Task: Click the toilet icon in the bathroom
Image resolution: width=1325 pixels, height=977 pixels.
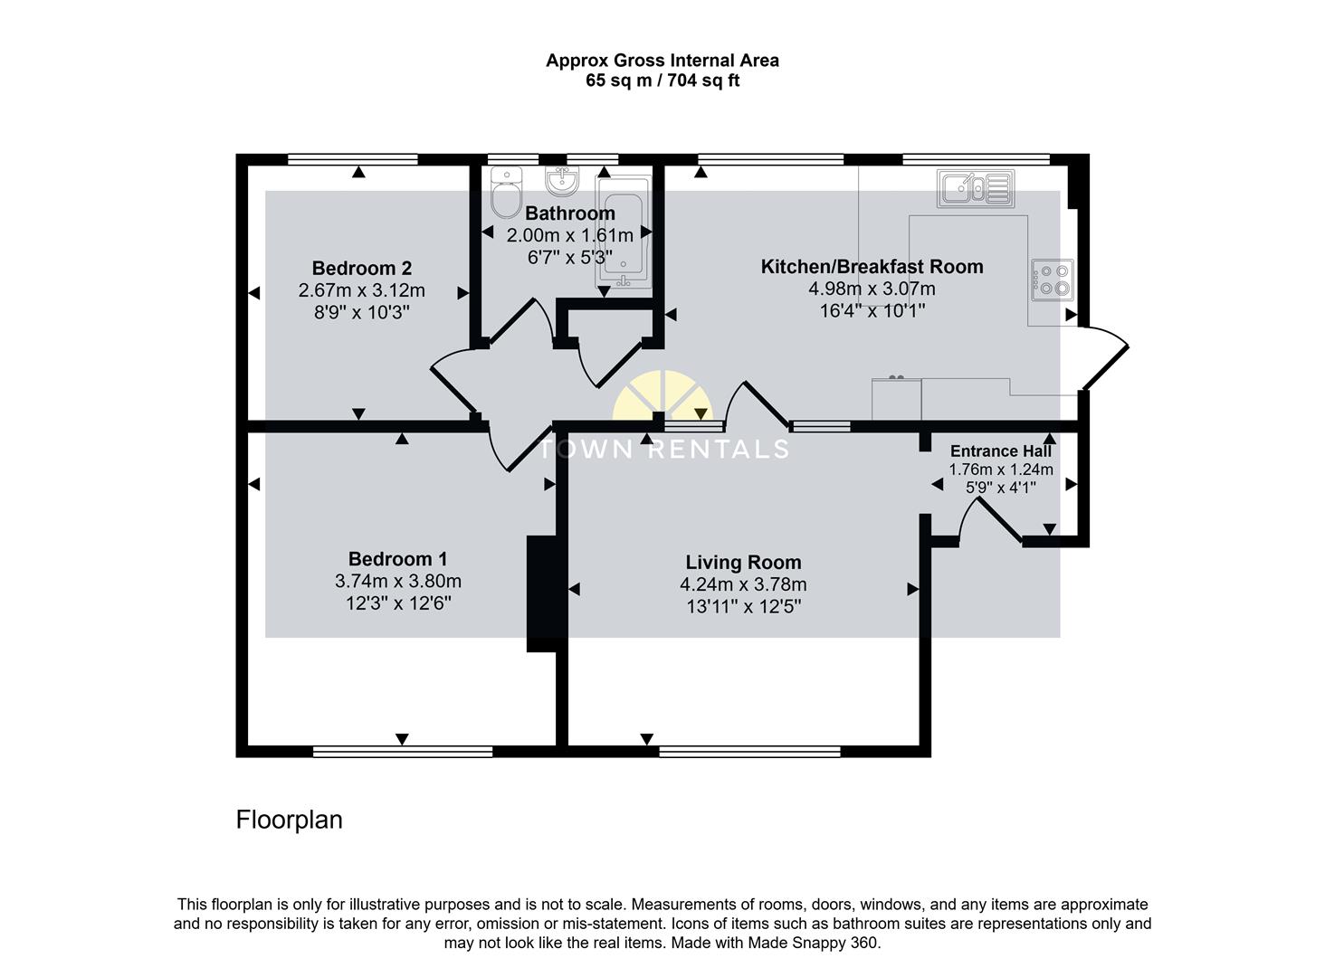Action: click(x=504, y=193)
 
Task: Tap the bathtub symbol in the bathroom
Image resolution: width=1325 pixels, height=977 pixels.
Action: click(x=623, y=232)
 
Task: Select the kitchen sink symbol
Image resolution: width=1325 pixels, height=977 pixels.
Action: click(x=976, y=189)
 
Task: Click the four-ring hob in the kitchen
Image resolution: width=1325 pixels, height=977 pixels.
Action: click(x=1052, y=280)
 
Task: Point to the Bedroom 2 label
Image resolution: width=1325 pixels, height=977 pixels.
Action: click(x=361, y=268)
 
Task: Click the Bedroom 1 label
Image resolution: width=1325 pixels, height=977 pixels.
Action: click(x=397, y=559)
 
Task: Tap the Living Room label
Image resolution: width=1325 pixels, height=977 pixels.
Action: click(x=743, y=563)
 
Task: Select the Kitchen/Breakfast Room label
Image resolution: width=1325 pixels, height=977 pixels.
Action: click(x=872, y=267)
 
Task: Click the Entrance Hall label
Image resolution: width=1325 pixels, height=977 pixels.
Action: click(x=1000, y=451)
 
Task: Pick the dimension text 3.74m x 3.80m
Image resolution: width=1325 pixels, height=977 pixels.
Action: click(x=397, y=582)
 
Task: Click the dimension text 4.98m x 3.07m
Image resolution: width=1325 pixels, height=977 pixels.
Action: click(x=872, y=289)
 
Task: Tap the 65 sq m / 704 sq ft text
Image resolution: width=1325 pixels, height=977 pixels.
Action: click(x=662, y=81)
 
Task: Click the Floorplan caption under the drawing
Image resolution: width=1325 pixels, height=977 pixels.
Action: click(x=289, y=820)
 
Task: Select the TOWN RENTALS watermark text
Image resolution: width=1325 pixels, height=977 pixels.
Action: click(x=664, y=449)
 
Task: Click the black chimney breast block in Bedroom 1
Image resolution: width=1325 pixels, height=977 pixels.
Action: click(x=543, y=593)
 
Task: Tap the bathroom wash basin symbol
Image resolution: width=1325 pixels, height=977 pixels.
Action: click(x=563, y=182)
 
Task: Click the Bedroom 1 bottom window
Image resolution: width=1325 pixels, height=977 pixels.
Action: click(x=403, y=752)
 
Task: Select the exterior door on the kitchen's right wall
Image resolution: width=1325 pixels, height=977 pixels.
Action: click(x=1106, y=357)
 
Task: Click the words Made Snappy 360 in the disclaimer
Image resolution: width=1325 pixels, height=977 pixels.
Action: click(x=812, y=943)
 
